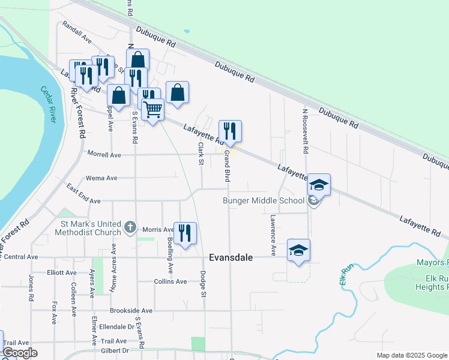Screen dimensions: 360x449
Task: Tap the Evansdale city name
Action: pyautogui.click(x=231, y=257)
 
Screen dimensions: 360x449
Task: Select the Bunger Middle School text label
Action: pyautogui.click(x=264, y=200)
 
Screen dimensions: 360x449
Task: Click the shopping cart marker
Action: pyautogui.click(x=153, y=110)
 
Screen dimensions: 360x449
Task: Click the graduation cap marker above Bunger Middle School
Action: pyautogui.click(x=319, y=185)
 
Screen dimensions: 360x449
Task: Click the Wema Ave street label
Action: pyautogui.click(x=102, y=178)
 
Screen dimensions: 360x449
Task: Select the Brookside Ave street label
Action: pyautogui.click(x=131, y=311)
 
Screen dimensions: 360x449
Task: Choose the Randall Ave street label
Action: pyautogui.click(x=76, y=35)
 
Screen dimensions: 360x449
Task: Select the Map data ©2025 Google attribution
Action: pyautogui.click(x=411, y=355)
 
